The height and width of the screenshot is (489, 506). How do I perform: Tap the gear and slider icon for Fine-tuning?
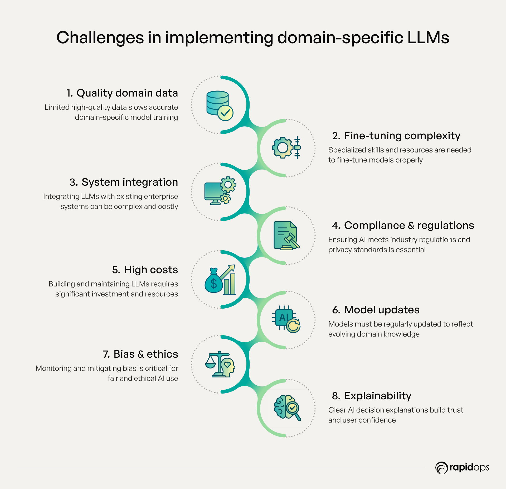tap(286, 148)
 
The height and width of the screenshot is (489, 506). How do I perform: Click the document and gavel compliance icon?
tap(286, 236)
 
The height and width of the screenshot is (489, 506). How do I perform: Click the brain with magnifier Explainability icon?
tap(287, 407)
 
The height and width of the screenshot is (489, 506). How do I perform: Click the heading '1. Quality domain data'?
tap(122, 93)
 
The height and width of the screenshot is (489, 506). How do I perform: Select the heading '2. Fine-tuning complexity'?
tap(396, 136)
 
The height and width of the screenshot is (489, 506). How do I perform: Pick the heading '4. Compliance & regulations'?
tap(403, 226)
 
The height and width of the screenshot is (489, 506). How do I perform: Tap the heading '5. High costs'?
tap(145, 270)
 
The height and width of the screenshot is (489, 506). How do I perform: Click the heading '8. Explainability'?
tap(372, 396)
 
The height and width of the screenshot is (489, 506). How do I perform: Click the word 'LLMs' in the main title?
tap(428, 37)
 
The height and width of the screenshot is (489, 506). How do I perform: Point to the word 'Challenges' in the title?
tap(100, 37)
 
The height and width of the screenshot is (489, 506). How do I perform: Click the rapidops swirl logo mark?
tap(441, 468)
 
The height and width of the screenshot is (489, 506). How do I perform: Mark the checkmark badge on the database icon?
tap(225, 113)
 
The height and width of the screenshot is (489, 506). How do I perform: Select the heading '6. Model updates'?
tap(376, 310)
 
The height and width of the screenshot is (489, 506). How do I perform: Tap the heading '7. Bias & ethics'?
tap(140, 354)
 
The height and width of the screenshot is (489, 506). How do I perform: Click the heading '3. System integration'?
tap(124, 182)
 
